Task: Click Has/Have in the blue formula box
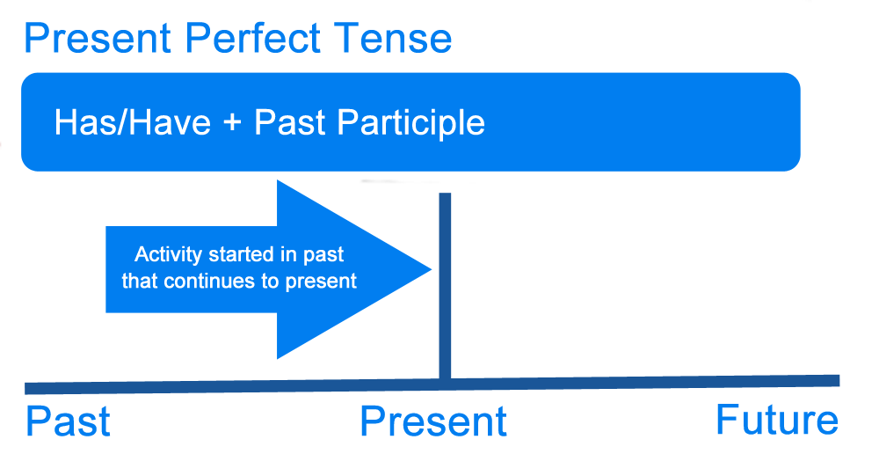133,122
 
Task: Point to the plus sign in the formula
232,123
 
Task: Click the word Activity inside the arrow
169,255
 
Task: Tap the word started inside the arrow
241,255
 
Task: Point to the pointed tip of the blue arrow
431,269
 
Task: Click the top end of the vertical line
445,195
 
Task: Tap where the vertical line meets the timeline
445,382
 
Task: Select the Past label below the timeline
68,422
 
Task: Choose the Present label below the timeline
433,422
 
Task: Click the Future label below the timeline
777,420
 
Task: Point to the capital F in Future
728,419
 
